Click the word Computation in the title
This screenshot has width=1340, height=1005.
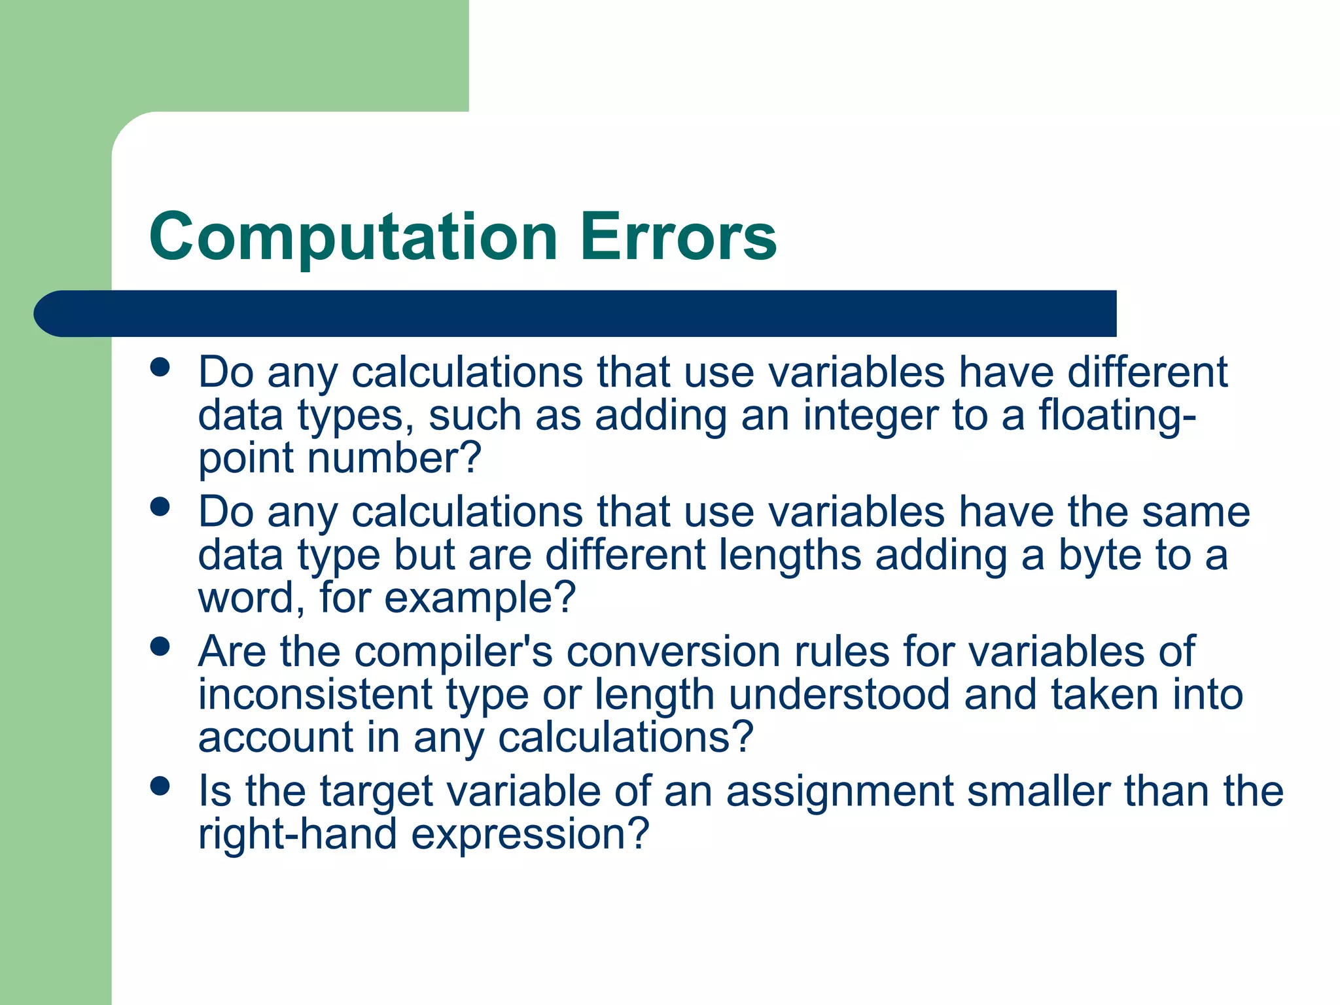[353, 237]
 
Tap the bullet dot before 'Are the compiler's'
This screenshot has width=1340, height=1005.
[160, 647]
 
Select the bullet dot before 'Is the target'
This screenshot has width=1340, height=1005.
[160, 786]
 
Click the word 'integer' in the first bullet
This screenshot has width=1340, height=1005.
[870, 416]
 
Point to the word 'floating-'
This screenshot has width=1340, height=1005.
[1117, 416]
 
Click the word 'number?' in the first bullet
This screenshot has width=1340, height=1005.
[394, 458]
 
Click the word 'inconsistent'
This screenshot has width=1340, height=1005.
[315, 694]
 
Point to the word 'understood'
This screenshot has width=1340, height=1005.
[839, 694]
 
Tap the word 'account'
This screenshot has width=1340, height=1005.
[275, 737]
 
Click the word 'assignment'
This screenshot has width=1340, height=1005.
[839, 791]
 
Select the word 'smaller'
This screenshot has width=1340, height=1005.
[1038, 791]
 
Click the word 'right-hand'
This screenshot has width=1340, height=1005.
[298, 834]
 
